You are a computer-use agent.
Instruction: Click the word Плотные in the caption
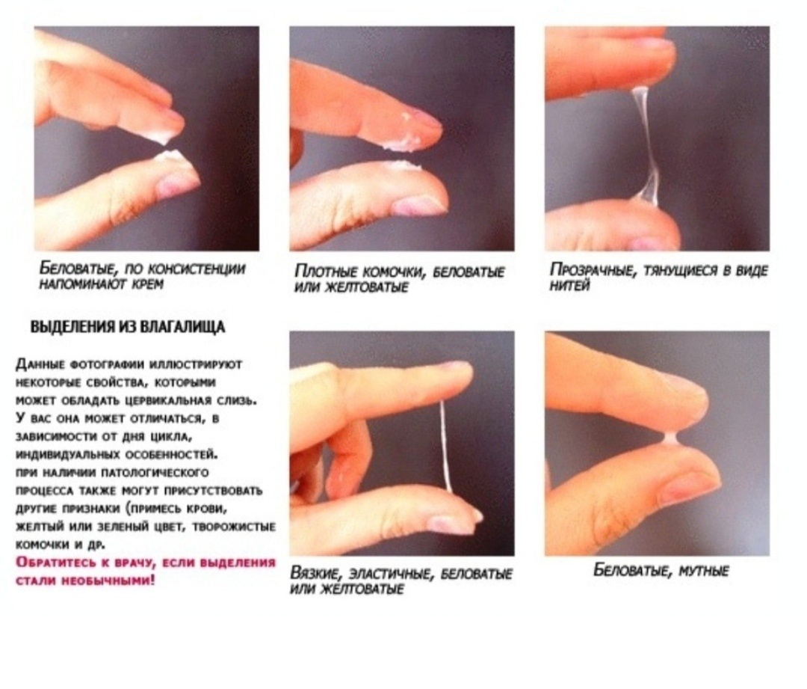[x=327, y=271]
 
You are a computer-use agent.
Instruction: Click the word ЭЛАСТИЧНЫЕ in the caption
[x=393, y=574]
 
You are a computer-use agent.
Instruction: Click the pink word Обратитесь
[x=51, y=563]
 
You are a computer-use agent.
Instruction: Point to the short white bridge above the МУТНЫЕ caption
[x=670, y=438]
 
